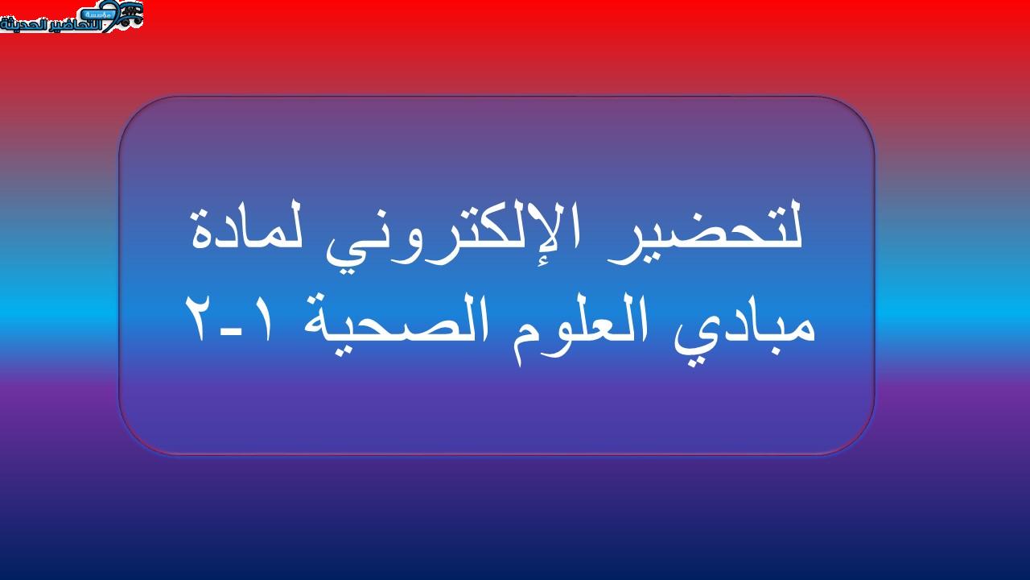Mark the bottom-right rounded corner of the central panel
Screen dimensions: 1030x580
click(x=863, y=443)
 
